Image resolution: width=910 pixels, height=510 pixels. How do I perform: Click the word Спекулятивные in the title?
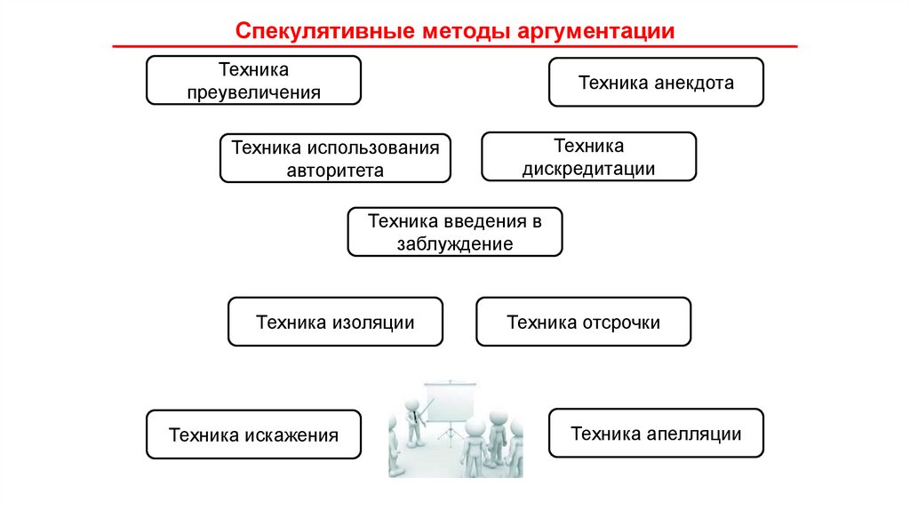(317, 31)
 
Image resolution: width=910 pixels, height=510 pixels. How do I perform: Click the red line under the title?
(455, 46)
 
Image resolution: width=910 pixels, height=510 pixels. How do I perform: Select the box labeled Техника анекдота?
(656, 83)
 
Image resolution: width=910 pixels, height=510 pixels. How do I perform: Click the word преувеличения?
(253, 92)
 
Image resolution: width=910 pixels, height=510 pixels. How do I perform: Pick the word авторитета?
(335, 170)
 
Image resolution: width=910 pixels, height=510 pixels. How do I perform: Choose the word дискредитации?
(588, 168)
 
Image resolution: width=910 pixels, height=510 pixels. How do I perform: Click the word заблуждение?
(454, 244)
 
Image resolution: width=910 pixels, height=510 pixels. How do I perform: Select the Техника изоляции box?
(335, 322)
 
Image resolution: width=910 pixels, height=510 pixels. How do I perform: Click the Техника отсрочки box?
(583, 322)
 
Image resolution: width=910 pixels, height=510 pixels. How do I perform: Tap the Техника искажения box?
(253, 434)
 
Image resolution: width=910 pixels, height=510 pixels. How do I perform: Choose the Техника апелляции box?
(656, 434)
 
